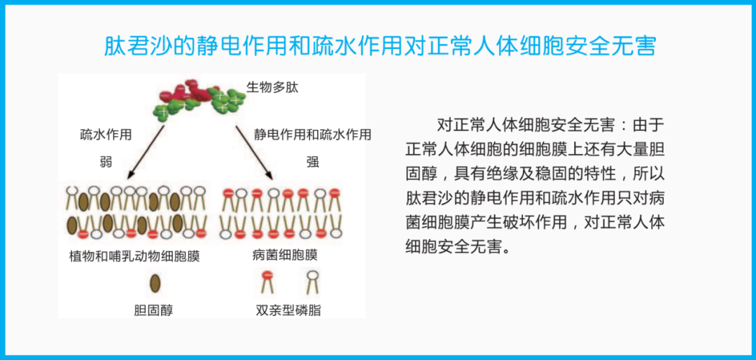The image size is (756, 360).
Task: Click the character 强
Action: coord(312,162)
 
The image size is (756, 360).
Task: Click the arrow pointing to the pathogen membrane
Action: coord(253,152)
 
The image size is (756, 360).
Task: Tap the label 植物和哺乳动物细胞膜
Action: coord(134,256)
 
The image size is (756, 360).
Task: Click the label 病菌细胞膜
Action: coord(284,256)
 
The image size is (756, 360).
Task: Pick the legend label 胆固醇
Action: coord(153,309)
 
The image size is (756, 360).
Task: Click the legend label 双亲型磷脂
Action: coord(288,309)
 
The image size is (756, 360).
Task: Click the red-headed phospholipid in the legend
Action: coord(267,282)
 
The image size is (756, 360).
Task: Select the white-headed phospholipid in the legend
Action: coord(312,282)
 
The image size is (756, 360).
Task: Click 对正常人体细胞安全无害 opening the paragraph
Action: coord(525,125)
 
